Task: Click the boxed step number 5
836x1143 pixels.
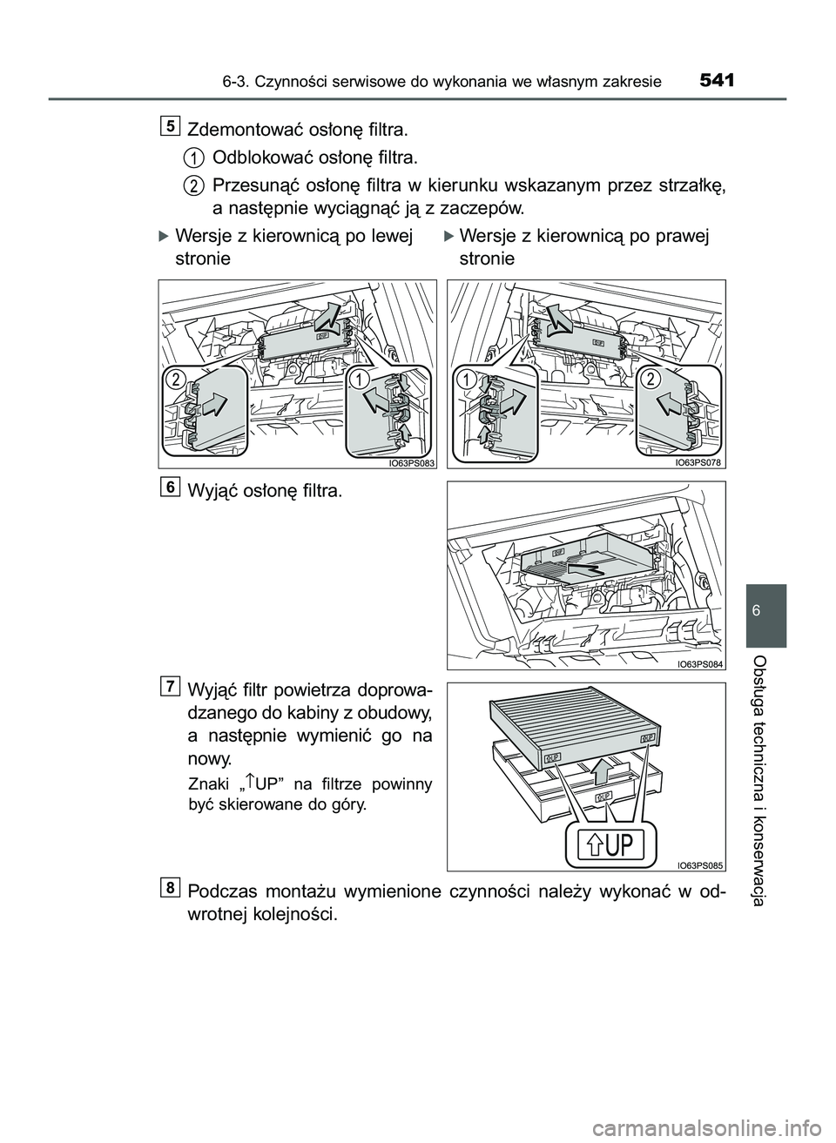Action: point(172,126)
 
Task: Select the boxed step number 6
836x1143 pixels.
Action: point(172,487)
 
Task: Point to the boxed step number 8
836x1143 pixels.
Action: point(172,887)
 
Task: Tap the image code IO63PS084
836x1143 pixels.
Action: point(699,664)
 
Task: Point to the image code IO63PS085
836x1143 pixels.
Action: point(699,864)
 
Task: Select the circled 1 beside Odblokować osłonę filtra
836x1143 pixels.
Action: point(193,158)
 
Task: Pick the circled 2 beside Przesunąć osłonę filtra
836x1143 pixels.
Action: point(193,185)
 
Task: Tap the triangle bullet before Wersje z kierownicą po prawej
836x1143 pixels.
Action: point(448,235)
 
